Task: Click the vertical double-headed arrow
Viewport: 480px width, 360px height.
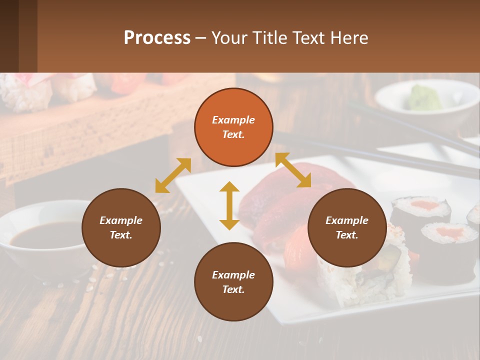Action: tap(229, 205)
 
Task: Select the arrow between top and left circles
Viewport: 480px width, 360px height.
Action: tap(173, 175)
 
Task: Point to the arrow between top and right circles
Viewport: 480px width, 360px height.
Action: tap(293, 170)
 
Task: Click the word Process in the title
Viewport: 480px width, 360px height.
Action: tap(157, 37)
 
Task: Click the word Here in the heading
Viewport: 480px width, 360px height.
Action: tap(349, 37)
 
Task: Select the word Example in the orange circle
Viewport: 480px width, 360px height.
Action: tap(233, 120)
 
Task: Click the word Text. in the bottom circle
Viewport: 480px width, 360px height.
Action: tap(233, 289)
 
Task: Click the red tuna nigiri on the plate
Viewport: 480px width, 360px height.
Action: tap(280, 200)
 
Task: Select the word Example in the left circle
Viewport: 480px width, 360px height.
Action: tap(121, 220)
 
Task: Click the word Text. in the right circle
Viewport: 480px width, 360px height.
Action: tap(347, 235)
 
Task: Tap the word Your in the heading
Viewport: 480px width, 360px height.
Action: tap(228, 37)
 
